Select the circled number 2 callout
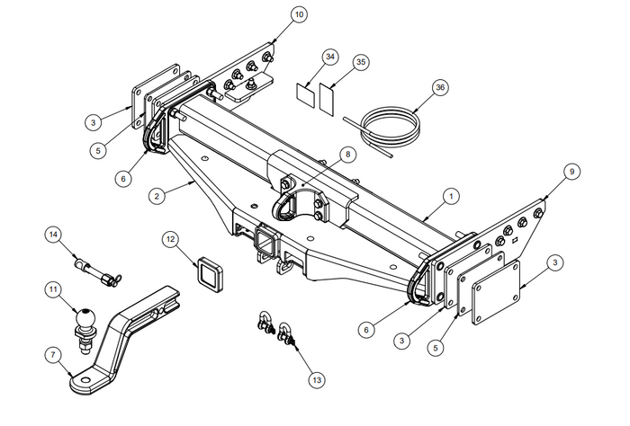pyautogui.click(x=157, y=194)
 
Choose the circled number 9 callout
pyautogui.click(x=570, y=170)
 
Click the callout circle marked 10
pyautogui.click(x=298, y=14)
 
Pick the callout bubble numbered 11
pyautogui.click(x=55, y=290)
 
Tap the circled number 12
pyautogui.click(x=170, y=238)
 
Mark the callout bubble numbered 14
pyautogui.click(x=55, y=235)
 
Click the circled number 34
pyautogui.click(x=329, y=58)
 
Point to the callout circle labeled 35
pyautogui.click(x=361, y=62)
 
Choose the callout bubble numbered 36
pyautogui.click(x=439, y=87)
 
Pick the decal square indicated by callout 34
pyautogui.click(x=306, y=92)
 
